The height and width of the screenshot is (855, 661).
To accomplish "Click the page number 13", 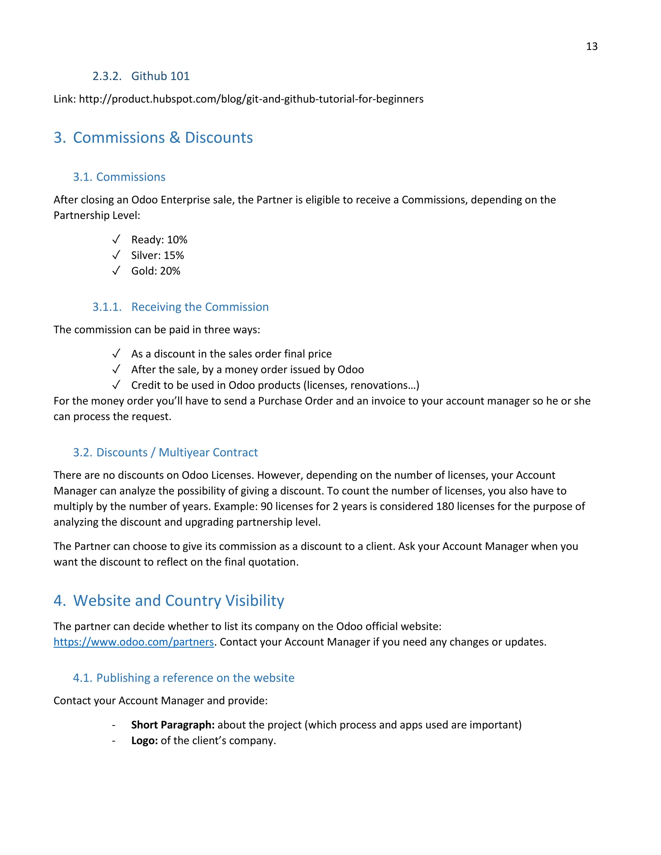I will pos(591,46).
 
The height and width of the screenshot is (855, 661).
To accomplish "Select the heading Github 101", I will pos(160,76).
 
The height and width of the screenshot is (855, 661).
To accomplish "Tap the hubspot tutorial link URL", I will pos(251,99).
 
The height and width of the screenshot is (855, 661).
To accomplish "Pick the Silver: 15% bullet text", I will pos(158,255).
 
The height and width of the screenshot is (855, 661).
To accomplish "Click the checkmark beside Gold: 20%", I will pos(116,271).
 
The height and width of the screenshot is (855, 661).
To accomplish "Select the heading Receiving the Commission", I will pos(200,307).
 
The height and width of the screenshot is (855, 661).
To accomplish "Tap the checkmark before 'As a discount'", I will pos(116,354).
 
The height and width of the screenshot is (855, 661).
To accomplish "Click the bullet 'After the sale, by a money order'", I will pos(247,369).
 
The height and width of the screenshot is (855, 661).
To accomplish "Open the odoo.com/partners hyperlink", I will pos(134,642).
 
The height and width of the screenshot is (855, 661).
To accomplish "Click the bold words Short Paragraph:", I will pos(173,725).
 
